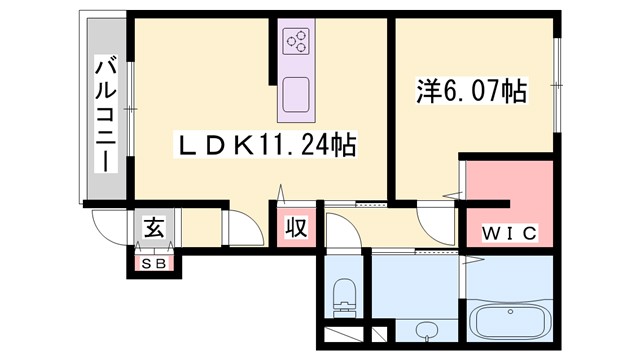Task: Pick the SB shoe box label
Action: click(x=153, y=264)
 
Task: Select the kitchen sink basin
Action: click(x=296, y=96)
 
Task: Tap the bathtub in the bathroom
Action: click(x=510, y=322)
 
